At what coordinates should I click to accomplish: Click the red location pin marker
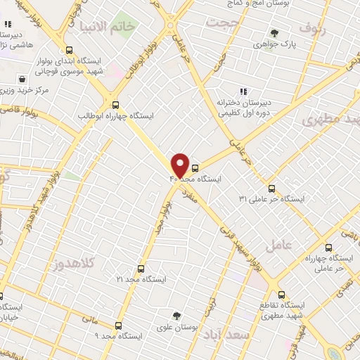[x=180, y=165]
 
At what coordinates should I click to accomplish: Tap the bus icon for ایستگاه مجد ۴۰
[x=195, y=168]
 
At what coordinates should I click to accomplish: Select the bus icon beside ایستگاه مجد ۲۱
[x=141, y=269]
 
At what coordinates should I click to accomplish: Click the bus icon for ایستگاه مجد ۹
[x=117, y=326]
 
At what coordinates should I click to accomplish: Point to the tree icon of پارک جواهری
[x=274, y=32]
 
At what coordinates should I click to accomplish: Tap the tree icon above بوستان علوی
[x=177, y=316]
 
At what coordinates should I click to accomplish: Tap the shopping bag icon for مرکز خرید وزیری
[x=23, y=79]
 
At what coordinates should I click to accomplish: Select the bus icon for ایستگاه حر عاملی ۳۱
[x=271, y=188]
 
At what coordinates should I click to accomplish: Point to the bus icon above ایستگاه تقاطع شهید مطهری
[x=281, y=295]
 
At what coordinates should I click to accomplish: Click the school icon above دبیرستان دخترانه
[x=243, y=91]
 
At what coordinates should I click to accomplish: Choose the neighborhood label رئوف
[x=314, y=28]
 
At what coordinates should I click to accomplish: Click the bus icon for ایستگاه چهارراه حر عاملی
[x=328, y=247]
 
